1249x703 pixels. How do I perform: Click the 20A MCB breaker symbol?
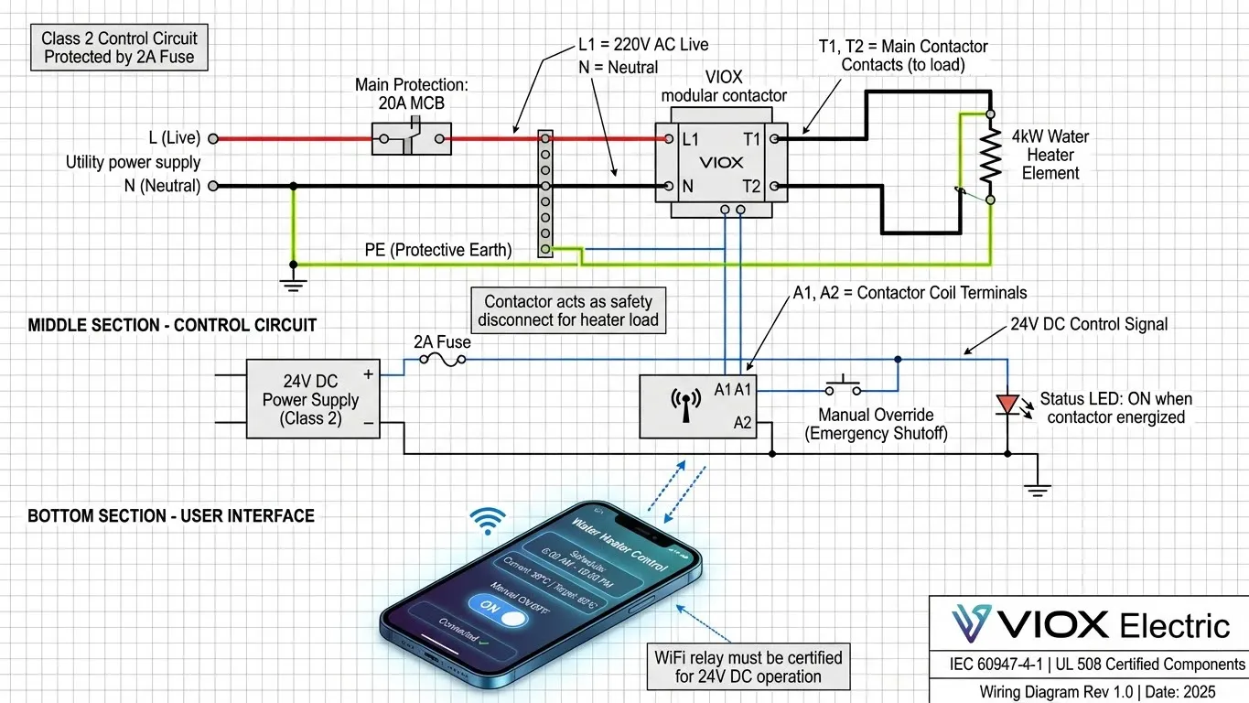click(414, 139)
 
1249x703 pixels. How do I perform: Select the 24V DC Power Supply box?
click(313, 399)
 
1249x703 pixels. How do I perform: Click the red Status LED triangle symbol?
click(1007, 404)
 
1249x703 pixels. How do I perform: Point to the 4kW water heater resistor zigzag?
click(989, 157)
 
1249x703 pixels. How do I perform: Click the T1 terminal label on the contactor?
click(752, 139)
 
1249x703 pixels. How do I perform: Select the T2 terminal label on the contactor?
click(752, 187)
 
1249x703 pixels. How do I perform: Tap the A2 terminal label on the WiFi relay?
click(742, 422)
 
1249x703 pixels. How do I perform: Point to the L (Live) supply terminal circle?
click(212, 139)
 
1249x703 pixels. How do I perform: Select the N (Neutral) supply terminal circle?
click(212, 186)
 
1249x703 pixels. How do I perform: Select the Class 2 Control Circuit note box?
click(119, 48)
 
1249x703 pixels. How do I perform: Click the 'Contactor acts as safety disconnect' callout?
click(568, 310)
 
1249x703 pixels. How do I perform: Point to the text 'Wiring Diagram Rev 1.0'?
click(1034, 691)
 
